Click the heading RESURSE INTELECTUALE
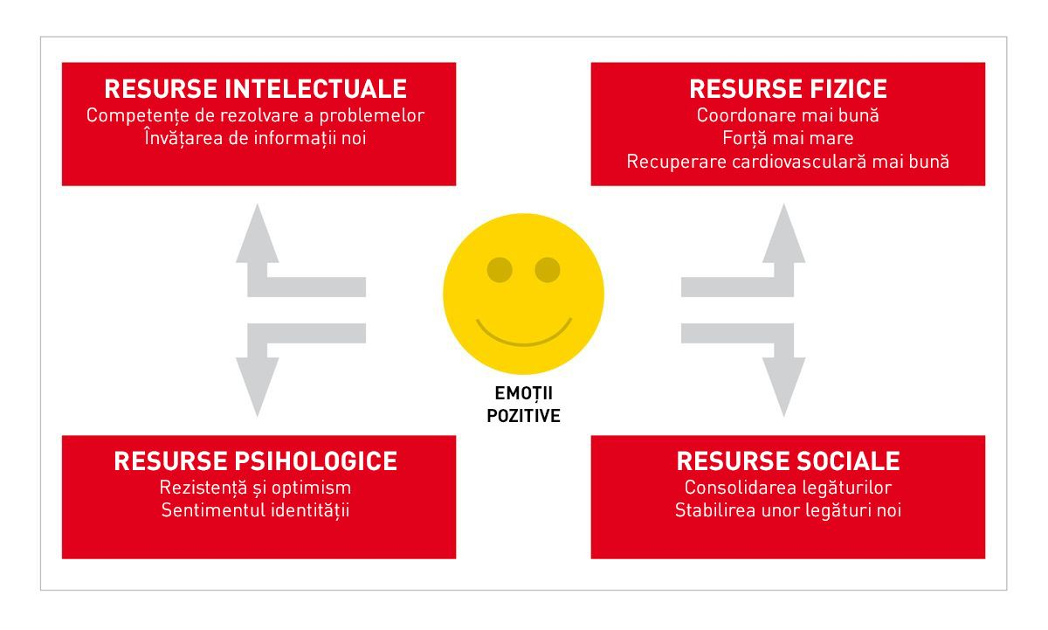click(256, 89)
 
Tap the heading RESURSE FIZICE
click(788, 89)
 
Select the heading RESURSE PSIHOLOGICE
click(256, 461)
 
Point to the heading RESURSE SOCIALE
click(788, 461)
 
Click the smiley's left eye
click(500, 270)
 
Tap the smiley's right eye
click(548, 270)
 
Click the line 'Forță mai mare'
click(788, 138)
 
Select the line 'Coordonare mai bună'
click(788, 115)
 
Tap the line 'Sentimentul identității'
click(255, 510)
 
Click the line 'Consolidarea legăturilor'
click(788, 488)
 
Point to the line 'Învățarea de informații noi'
click(255, 138)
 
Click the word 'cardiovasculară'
click(807, 162)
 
